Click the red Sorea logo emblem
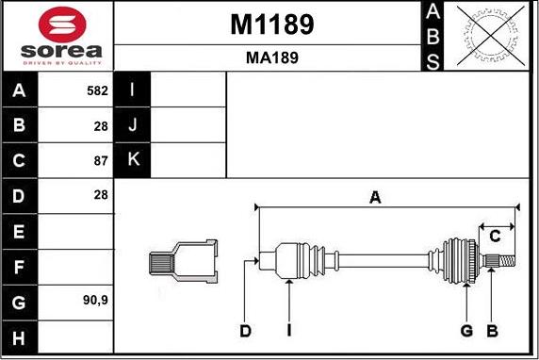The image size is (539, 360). (x=62, y=25)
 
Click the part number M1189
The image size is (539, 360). (x=272, y=25)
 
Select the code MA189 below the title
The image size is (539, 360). (x=272, y=57)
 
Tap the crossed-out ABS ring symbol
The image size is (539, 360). (x=491, y=36)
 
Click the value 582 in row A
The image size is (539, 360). (x=97, y=90)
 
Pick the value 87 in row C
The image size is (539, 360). (x=101, y=161)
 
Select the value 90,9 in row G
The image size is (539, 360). (x=95, y=301)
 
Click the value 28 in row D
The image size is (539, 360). (x=101, y=195)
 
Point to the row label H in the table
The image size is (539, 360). (x=19, y=338)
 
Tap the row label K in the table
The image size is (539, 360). (x=134, y=159)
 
